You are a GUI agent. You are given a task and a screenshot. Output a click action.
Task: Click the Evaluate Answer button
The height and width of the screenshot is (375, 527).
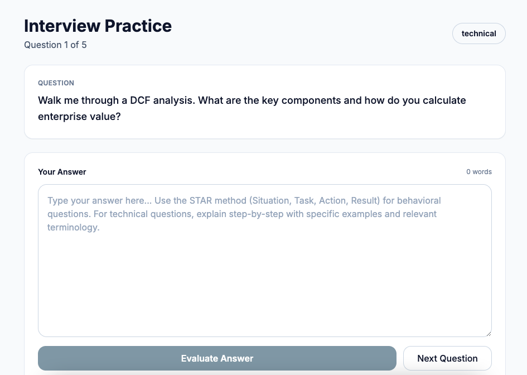point(217,358)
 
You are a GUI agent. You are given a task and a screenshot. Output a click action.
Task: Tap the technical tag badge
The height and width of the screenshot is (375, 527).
point(478,33)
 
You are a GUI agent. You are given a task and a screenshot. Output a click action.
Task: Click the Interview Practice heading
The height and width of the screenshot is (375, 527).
point(98,26)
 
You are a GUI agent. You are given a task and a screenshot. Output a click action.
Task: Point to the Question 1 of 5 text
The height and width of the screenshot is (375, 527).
point(55,45)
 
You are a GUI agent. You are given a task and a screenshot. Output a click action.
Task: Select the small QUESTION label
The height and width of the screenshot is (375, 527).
point(56,83)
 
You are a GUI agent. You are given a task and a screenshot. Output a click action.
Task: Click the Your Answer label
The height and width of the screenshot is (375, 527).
point(62,172)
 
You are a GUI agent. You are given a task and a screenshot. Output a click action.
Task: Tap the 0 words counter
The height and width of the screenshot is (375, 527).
point(479,172)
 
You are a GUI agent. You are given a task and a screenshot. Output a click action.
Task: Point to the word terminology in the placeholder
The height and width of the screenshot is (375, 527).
point(73,227)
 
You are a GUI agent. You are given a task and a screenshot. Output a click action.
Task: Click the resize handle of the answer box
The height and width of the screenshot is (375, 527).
point(488,333)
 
